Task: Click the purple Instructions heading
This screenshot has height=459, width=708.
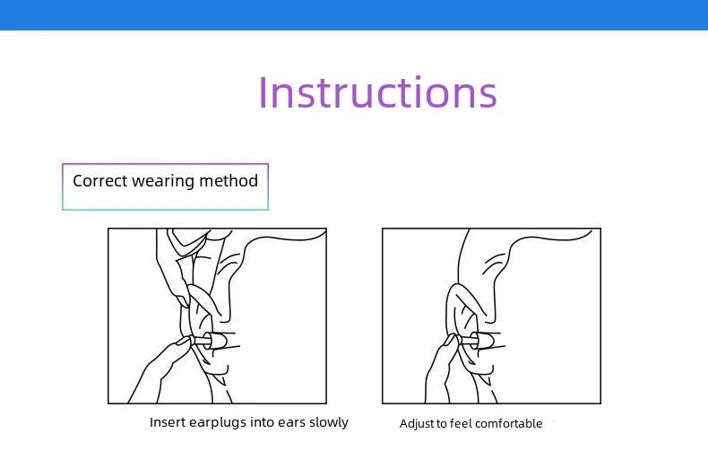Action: tap(377, 92)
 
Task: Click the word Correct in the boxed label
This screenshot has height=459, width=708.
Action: tap(100, 181)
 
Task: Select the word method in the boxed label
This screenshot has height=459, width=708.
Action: tap(229, 181)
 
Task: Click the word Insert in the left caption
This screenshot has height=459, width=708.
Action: tap(168, 422)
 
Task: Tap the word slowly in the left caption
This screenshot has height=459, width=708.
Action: tap(329, 423)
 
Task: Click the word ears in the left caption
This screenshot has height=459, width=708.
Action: tap(291, 423)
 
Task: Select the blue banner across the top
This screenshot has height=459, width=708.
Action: tap(354, 15)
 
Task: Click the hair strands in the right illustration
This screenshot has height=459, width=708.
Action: tap(494, 264)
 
